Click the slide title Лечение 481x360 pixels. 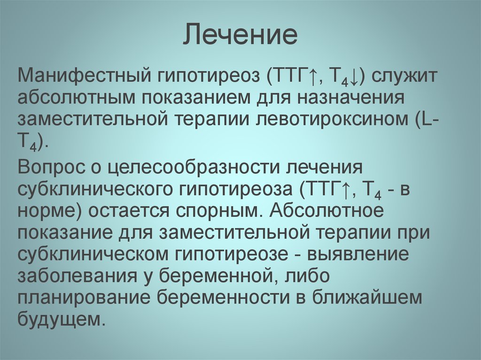click(240, 36)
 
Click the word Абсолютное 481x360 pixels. click(327, 210)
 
